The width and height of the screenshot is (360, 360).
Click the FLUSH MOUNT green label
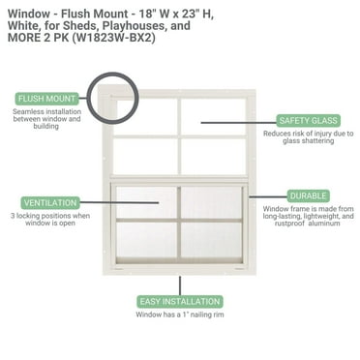click(47, 97)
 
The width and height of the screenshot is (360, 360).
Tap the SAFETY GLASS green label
click(307, 120)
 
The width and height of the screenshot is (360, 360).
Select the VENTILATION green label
click(46, 202)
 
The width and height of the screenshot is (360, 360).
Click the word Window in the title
click(26, 11)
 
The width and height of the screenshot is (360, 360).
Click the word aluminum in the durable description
click(330, 225)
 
